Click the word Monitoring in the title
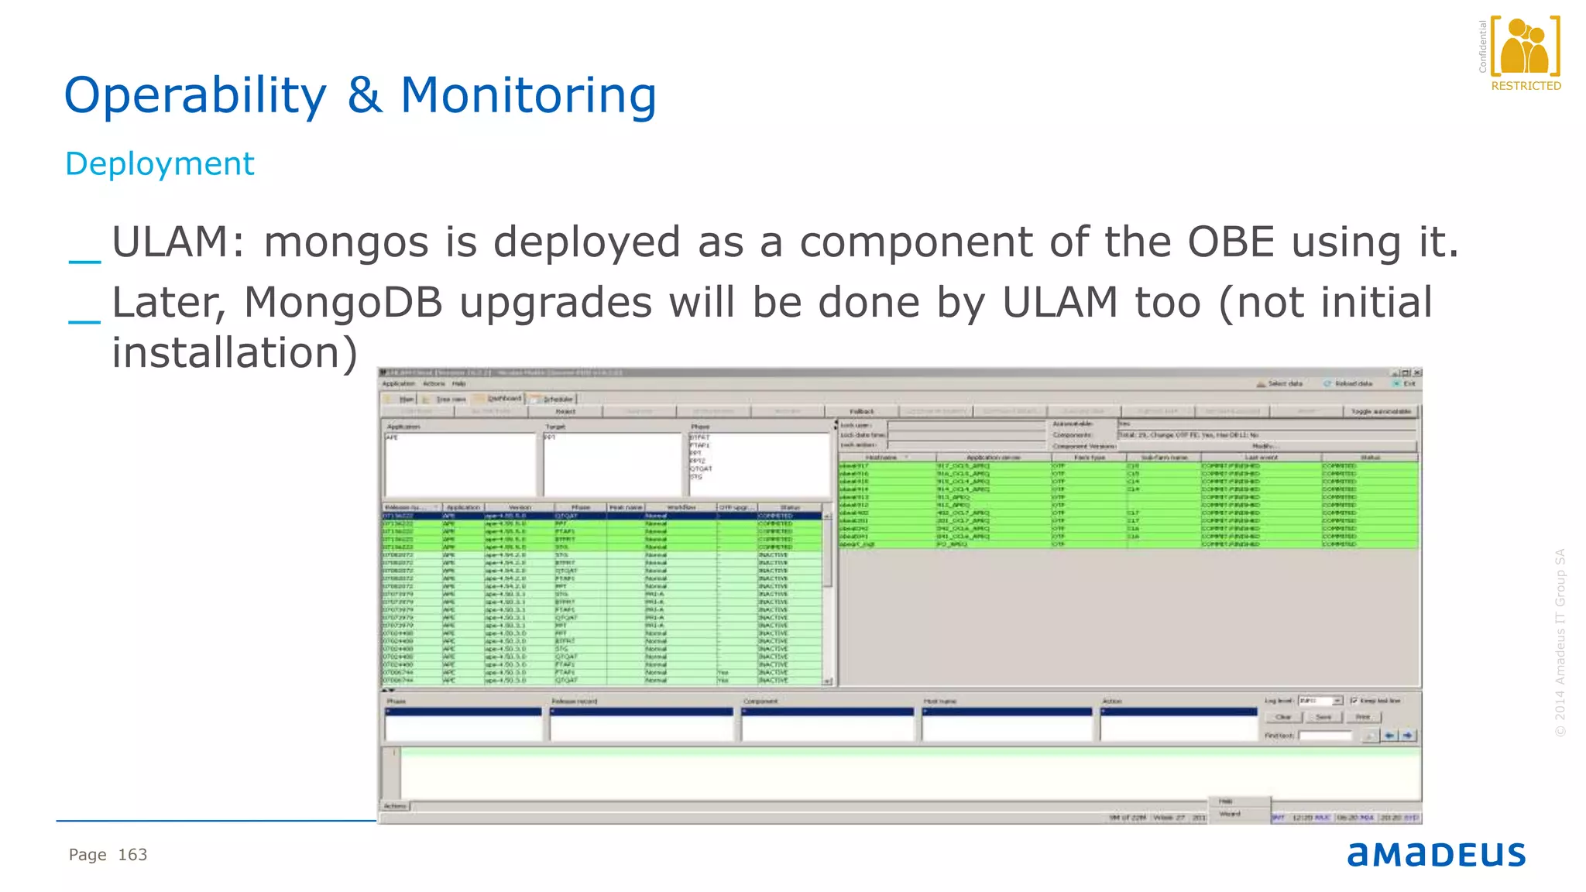click(x=528, y=96)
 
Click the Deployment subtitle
click(x=160, y=164)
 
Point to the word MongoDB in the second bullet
click(x=343, y=302)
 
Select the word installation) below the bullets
click(x=235, y=353)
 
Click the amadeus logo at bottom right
click(x=1436, y=854)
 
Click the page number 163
click(x=132, y=855)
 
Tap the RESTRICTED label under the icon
click(x=1526, y=86)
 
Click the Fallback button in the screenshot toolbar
click(x=861, y=411)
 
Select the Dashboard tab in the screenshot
click(x=503, y=399)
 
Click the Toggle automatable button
click(x=1381, y=411)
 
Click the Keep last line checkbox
click(x=1354, y=701)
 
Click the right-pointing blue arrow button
click(x=1408, y=736)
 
